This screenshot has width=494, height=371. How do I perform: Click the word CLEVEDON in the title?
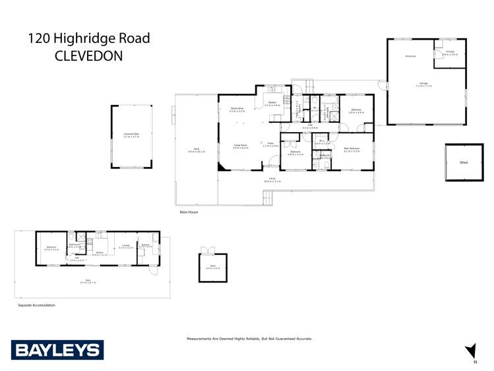89,56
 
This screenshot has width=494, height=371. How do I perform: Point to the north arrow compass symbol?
471,351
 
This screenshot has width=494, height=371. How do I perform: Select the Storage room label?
450,52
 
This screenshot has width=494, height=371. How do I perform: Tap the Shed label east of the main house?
464,161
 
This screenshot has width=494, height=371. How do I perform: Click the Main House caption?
189,212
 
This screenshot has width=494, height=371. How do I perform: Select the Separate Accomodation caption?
36,305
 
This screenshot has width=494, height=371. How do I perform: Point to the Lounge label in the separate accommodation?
125,246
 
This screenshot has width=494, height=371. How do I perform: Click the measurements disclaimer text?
249,339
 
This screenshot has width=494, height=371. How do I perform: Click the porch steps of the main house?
267,197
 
